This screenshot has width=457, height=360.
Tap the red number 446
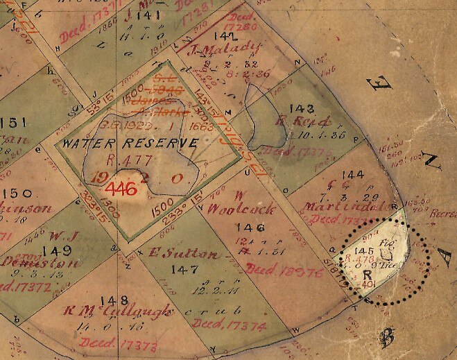click(x=117, y=187)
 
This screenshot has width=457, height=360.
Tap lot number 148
click(x=114, y=300)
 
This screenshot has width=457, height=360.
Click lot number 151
click(x=13, y=123)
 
